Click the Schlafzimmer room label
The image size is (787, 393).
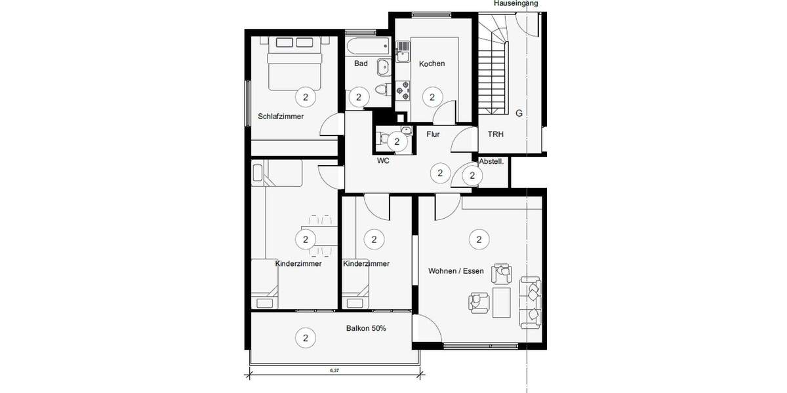(281, 117)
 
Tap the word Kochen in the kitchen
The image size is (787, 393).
(432, 64)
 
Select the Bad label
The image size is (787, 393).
(361, 64)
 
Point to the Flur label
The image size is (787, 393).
(433, 134)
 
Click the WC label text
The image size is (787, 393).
(384, 160)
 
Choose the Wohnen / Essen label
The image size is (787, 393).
(456, 271)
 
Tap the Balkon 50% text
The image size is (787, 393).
(366, 328)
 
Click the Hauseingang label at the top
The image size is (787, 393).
(516, 3)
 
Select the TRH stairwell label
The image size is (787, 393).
(496, 134)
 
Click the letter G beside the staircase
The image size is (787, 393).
(519, 113)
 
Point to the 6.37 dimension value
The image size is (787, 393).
(335, 371)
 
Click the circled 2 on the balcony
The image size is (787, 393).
(306, 338)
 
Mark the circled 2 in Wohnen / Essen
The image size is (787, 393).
(479, 240)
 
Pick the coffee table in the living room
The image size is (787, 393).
(503, 302)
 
